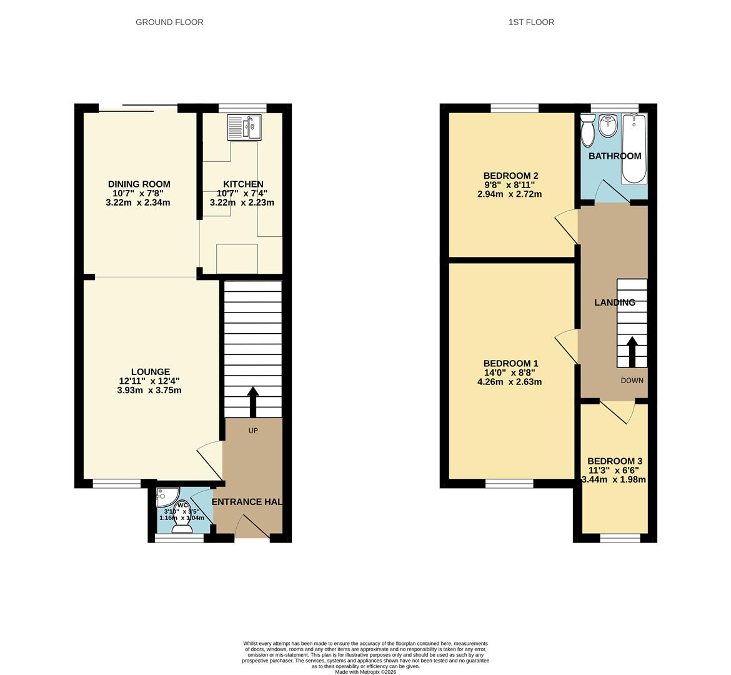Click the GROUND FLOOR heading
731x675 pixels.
[169, 22]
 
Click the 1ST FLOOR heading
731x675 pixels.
[531, 22]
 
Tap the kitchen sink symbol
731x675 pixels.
[245, 127]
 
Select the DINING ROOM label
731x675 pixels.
[139, 184]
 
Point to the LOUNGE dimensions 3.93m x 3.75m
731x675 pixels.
[149, 391]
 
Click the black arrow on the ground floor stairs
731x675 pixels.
[253, 401]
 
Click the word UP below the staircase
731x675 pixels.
[253, 431]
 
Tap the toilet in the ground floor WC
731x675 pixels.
[182, 527]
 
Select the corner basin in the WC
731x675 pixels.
[165, 497]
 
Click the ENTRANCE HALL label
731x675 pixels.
[247, 502]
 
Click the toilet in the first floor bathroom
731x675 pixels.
[587, 131]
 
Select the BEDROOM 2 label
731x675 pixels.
[510, 176]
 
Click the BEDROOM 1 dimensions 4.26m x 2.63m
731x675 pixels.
[509, 382]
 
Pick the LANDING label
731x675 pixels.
[614, 302]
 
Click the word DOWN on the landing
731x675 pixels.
[632, 381]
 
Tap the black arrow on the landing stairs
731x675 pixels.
[632, 351]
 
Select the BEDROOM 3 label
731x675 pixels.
[614, 461]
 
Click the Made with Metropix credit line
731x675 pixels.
[365, 672]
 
